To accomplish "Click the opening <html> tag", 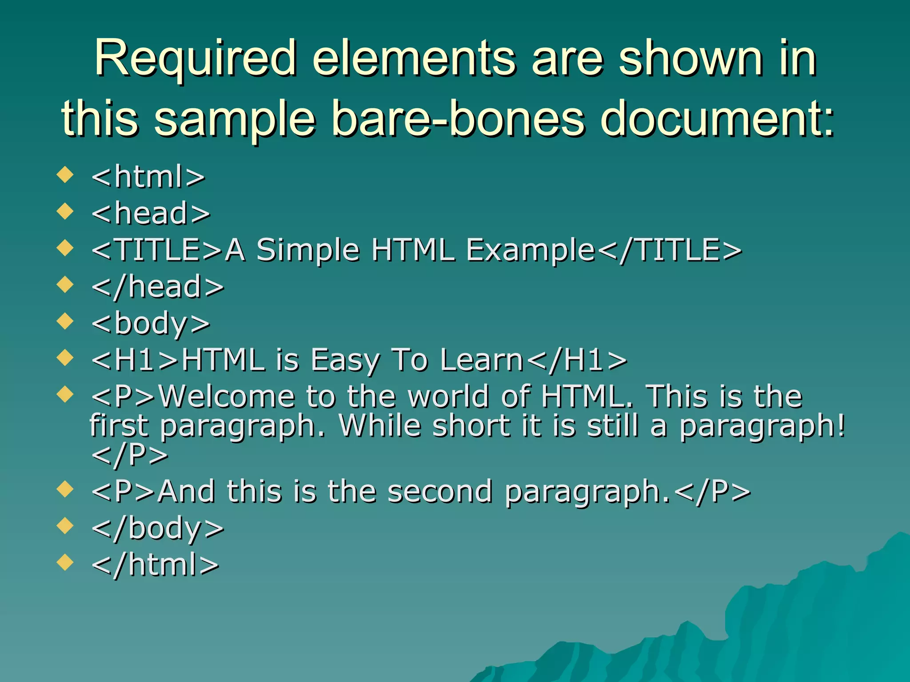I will coord(148,177).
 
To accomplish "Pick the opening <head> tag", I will coord(151,214).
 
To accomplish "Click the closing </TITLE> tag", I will coord(669,250).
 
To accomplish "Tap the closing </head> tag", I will coord(157,287).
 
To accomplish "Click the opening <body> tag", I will coord(151,324).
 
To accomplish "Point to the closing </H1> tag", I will coord(576,360).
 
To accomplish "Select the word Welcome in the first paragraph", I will coord(227,396).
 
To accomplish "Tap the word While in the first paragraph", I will coord(379,425).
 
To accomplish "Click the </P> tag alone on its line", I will coord(129,455).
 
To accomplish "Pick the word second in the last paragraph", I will coord(439,492).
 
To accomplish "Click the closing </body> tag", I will coord(157,528).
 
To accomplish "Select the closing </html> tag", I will coord(155,565).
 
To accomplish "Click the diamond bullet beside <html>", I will coord(65,174).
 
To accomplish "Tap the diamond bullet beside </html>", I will coord(65,562).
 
